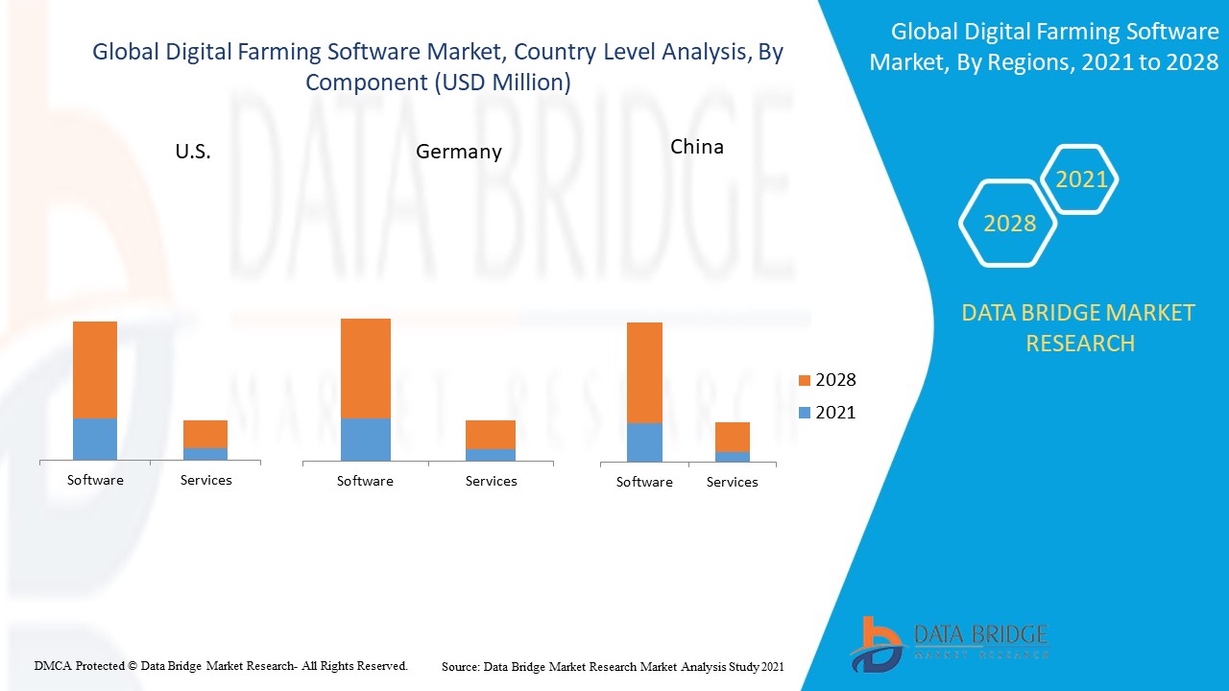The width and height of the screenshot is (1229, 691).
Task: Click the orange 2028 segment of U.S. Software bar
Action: point(95,369)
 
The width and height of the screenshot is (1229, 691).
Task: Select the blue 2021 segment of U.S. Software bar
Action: point(95,439)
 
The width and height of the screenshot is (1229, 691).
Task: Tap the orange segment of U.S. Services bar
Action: point(205,434)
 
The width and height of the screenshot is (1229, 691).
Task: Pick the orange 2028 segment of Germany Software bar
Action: point(366,368)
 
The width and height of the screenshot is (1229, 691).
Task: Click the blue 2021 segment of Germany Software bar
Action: point(366,440)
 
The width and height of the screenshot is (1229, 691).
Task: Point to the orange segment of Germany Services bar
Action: point(491,435)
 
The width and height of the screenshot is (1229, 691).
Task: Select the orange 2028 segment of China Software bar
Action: point(644,372)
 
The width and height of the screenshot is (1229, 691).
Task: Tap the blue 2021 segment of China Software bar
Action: point(644,442)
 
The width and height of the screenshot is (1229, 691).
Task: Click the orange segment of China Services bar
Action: point(733,437)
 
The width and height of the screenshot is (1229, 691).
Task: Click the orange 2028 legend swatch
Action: point(804,381)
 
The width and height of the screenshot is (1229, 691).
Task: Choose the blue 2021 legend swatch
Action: point(804,414)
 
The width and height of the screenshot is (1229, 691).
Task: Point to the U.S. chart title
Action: point(193,152)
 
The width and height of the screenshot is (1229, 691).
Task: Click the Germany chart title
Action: point(459,152)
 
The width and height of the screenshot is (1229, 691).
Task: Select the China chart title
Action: point(697,147)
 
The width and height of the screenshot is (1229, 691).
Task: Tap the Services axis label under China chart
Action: point(733,482)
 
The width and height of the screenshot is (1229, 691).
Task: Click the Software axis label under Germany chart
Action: point(365,481)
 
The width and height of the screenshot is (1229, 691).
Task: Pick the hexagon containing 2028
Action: point(1008,223)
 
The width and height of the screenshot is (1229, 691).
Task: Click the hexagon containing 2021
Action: point(1081,179)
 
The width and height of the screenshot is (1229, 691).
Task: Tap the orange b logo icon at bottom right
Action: point(876,644)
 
